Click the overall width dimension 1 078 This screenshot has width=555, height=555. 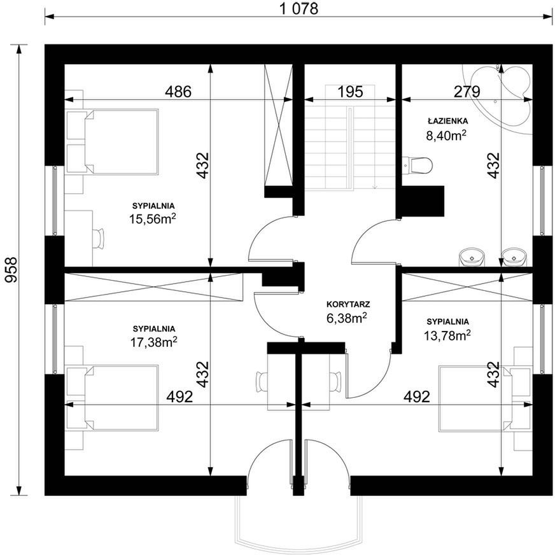click(x=299, y=8)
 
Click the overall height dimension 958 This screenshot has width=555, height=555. click(x=11, y=270)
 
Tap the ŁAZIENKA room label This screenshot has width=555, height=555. click(x=447, y=121)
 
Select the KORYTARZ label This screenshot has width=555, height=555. click(x=348, y=304)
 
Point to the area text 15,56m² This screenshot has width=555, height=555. click(x=153, y=218)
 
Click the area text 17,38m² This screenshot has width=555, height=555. click(x=154, y=342)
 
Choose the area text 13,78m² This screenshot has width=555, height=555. click(x=447, y=335)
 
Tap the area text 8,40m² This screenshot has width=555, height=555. click(x=446, y=135)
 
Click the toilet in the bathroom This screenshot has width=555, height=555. click(x=418, y=165)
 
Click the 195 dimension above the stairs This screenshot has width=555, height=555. click(x=350, y=92)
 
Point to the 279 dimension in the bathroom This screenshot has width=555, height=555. click(x=467, y=92)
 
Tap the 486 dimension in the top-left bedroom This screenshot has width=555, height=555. click(x=178, y=92)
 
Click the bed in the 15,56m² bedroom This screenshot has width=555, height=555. click(x=112, y=141)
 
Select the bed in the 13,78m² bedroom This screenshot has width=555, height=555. click(x=485, y=399)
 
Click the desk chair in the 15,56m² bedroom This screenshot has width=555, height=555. click(x=98, y=239)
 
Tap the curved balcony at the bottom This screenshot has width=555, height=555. click(x=299, y=524)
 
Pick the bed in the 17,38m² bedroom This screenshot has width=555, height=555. click(x=112, y=398)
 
